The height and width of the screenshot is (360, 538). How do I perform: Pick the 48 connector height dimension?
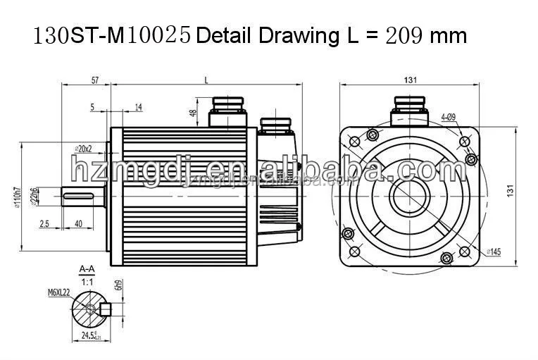click(x=192, y=113)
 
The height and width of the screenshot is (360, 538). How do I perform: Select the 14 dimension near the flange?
click(x=138, y=106)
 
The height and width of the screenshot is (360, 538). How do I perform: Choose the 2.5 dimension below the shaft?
click(x=44, y=223)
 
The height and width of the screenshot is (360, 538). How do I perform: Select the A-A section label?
click(x=87, y=268)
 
